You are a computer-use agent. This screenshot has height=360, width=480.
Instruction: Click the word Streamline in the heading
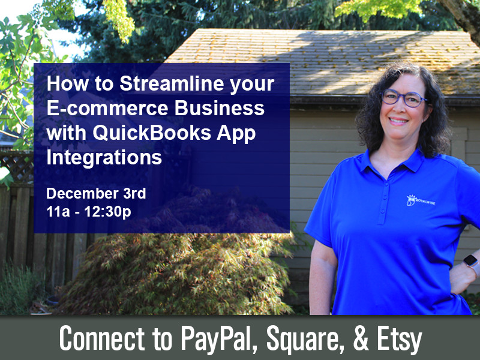click(172, 83)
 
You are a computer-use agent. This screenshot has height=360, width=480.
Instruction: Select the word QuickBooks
click(152, 133)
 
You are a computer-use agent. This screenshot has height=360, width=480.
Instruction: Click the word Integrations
click(104, 158)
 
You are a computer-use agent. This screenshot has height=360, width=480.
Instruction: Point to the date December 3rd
click(96, 193)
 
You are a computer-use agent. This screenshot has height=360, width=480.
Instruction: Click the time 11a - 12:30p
click(89, 212)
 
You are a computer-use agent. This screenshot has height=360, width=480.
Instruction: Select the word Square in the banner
click(305, 339)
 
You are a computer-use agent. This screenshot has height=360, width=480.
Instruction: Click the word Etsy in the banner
click(399, 339)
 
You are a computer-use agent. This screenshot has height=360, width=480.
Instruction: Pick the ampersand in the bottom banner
click(361, 338)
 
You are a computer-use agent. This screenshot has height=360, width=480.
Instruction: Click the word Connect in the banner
click(102, 338)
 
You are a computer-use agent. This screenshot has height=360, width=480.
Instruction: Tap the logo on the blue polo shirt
click(420, 200)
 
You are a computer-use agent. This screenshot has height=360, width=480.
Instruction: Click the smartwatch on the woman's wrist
click(472, 263)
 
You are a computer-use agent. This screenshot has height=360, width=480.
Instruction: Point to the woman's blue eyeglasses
click(403, 98)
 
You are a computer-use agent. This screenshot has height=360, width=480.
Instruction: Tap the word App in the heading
click(236, 134)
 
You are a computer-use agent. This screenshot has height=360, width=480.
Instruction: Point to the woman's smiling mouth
click(398, 121)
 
